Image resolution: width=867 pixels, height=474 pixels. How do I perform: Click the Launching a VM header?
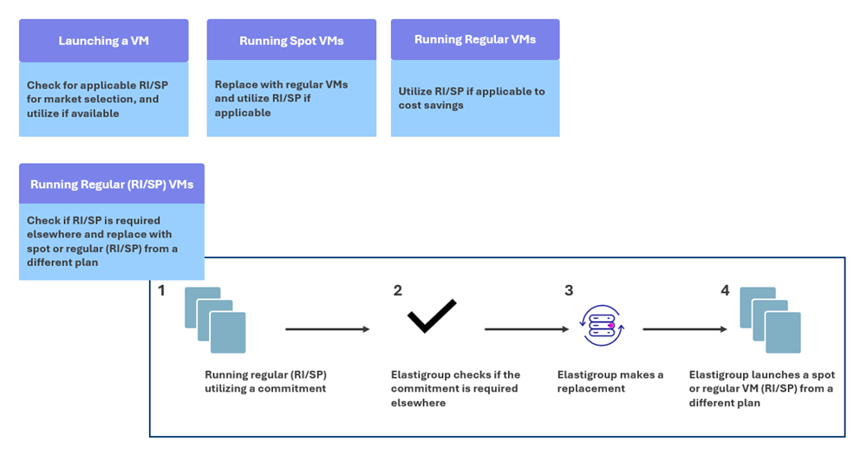pos(103,41)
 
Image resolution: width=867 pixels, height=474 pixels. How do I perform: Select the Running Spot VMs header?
pos(291,41)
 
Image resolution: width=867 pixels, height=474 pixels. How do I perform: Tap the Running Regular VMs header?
pos(475,39)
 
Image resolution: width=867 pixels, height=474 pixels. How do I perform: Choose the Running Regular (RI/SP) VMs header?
pos(112,184)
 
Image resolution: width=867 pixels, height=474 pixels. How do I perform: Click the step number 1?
pos(162,291)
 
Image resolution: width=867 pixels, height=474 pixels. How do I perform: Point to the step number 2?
pos(397,291)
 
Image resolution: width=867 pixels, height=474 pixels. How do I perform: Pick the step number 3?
pos(569,291)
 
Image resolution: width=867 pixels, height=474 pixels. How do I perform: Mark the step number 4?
pos(725,291)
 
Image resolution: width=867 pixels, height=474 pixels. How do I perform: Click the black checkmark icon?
pos(433,315)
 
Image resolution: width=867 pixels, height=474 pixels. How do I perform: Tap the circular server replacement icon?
pos(603,325)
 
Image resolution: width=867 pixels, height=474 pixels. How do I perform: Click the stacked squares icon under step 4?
pos(770,321)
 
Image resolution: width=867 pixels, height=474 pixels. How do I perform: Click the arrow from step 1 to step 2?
pos(328,329)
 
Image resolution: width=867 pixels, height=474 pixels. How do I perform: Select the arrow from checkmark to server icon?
pos(526,329)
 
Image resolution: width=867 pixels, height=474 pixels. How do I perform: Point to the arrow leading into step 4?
pos(685,329)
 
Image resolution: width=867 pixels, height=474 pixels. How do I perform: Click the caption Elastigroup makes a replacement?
pos(610,381)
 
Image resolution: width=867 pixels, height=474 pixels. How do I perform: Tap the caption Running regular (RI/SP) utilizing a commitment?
pos(265,381)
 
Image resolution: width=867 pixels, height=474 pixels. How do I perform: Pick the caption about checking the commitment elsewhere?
pos(455,388)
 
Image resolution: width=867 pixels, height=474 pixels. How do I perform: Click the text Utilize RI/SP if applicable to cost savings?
pos(472,98)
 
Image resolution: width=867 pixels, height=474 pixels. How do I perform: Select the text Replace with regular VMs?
pos(281,84)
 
